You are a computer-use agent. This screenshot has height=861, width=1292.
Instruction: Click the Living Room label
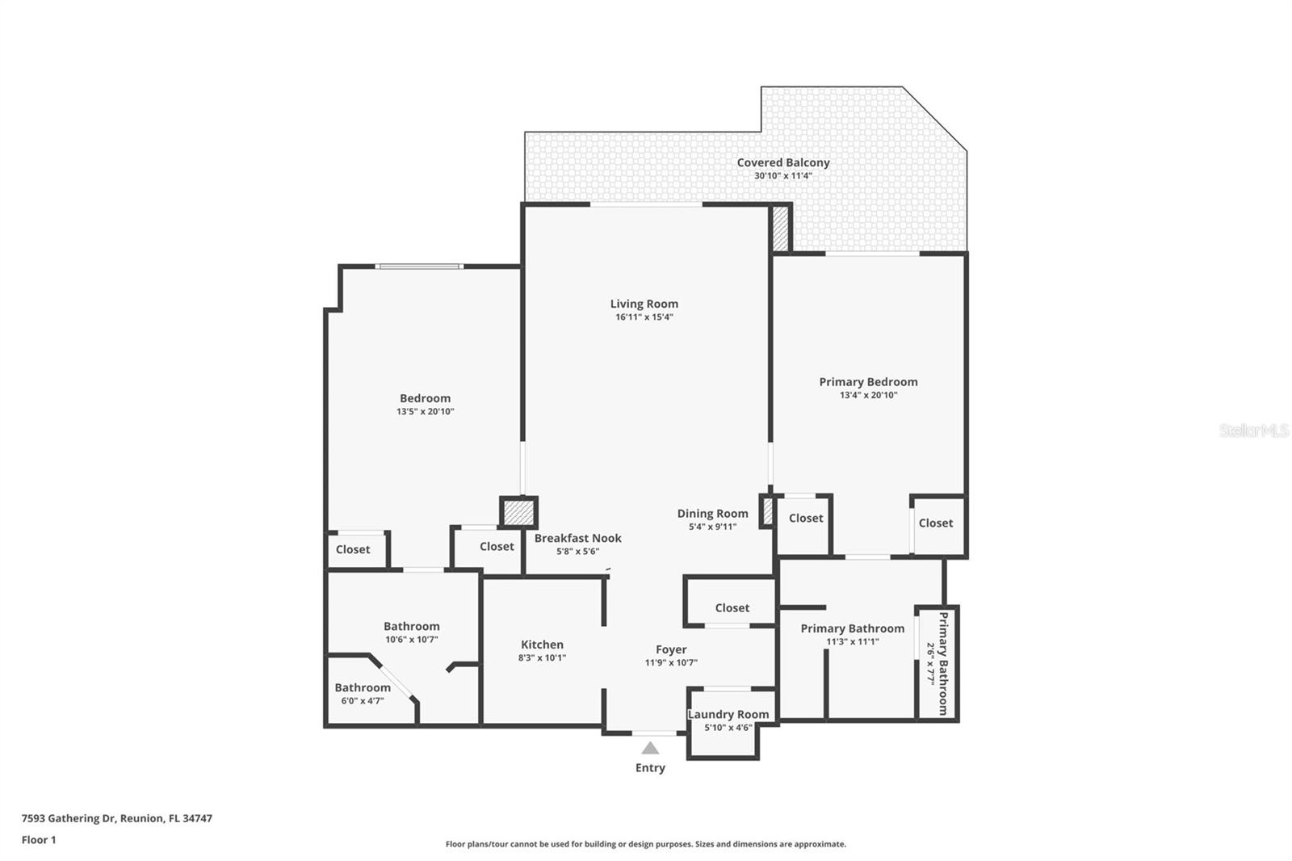644,304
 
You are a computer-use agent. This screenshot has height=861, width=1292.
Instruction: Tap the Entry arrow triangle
650,749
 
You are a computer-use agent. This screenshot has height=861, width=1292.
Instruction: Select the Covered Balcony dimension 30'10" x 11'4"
782,175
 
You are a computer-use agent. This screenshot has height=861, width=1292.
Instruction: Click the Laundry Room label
728,714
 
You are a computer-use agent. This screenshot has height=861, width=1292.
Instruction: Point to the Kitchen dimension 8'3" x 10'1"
542,657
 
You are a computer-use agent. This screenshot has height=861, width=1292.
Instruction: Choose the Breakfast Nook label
577,538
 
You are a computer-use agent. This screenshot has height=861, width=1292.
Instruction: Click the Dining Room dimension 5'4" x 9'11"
712,527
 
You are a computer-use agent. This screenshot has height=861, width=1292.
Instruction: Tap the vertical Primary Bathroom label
942,663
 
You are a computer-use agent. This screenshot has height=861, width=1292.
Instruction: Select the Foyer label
671,649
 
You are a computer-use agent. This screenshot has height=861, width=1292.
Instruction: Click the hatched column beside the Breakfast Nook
518,512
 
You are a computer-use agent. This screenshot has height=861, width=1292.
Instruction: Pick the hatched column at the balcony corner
780,228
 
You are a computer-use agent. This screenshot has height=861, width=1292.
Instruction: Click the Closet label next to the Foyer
732,607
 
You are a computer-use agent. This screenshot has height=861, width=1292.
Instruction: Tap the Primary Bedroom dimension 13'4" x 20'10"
868,395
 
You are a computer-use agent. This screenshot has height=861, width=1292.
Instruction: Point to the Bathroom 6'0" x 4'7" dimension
362,700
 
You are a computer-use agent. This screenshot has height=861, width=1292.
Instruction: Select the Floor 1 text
39,840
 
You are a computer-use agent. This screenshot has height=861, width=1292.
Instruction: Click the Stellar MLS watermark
1253,430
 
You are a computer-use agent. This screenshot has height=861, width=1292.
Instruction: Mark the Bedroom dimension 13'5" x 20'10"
425,411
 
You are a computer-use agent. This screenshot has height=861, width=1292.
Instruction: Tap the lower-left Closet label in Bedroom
353,549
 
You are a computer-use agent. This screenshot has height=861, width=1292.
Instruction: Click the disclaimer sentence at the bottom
645,844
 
